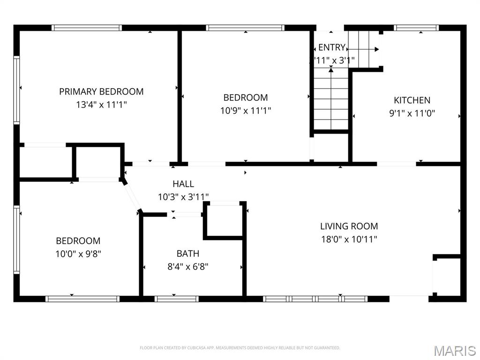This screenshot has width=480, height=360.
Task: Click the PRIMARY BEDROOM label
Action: pyautogui.click(x=101, y=91)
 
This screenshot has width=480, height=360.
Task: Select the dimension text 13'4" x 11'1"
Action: pyautogui.click(x=101, y=105)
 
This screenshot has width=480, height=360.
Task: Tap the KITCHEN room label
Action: pyautogui.click(x=412, y=100)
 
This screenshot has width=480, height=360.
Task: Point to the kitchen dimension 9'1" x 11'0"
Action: pyautogui.click(x=412, y=113)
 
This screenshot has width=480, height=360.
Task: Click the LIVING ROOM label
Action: pyautogui.click(x=349, y=226)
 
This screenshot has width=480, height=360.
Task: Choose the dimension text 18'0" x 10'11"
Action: pyautogui.click(x=349, y=239)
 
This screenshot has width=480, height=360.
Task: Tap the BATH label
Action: pyautogui.click(x=187, y=254)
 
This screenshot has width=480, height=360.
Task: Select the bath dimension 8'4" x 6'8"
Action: pyautogui.click(x=187, y=267)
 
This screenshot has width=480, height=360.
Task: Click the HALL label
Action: pyautogui.click(x=183, y=184)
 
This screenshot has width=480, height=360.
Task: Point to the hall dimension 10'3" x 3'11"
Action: pyautogui.click(x=183, y=197)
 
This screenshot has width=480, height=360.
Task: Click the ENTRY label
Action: pyautogui.click(x=331, y=47)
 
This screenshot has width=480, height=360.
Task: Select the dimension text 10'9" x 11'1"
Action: pyautogui.click(x=246, y=111)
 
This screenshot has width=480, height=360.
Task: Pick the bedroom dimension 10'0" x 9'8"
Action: pyautogui.click(x=78, y=254)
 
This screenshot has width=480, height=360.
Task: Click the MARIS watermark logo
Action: pyautogui.click(x=455, y=351)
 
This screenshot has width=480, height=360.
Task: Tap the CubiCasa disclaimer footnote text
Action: pyautogui.click(x=240, y=348)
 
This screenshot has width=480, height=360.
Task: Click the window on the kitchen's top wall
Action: pyautogui.click(x=416, y=28)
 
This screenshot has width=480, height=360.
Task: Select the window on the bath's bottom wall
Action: pyautogui.click(x=176, y=299)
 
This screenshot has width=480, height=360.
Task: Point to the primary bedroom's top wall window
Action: pyautogui.click(x=87, y=28)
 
